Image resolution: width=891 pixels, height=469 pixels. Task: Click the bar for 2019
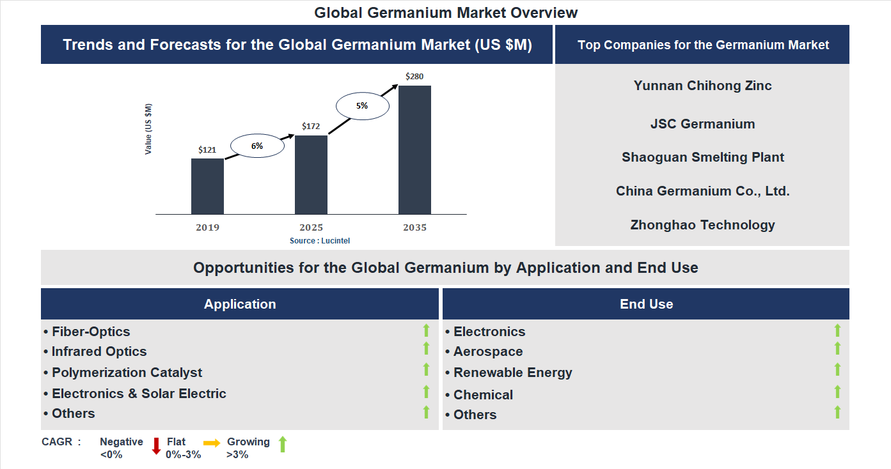click(207, 186)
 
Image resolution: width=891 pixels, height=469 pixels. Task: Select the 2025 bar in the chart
click(311, 174)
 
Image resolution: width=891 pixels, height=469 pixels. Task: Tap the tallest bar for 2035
click(414, 150)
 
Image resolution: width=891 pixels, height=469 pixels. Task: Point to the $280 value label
click(414, 77)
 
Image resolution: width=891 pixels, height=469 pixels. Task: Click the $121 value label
click(207, 150)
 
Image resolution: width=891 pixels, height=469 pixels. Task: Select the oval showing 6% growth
click(256, 146)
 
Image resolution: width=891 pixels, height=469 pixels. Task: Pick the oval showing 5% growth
click(363, 106)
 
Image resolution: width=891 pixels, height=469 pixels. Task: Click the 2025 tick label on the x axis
click(311, 227)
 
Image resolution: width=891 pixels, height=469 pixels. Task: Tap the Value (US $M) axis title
click(148, 129)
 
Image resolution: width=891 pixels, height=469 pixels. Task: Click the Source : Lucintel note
click(320, 241)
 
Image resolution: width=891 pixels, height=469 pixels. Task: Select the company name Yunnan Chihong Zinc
click(702, 86)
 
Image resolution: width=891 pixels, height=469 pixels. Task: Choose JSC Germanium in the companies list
click(702, 124)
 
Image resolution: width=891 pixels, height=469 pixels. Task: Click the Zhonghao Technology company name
click(702, 225)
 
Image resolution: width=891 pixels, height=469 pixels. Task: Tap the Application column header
click(240, 304)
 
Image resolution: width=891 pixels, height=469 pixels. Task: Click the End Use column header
click(646, 304)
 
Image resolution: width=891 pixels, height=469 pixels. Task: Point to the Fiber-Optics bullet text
click(91, 332)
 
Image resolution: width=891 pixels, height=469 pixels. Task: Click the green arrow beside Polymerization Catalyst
click(426, 369)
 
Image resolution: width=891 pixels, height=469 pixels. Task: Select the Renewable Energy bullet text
click(512, 373)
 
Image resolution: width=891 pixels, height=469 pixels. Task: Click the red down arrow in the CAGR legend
click(156, 446)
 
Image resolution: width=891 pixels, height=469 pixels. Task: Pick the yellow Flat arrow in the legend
click(212, 443)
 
